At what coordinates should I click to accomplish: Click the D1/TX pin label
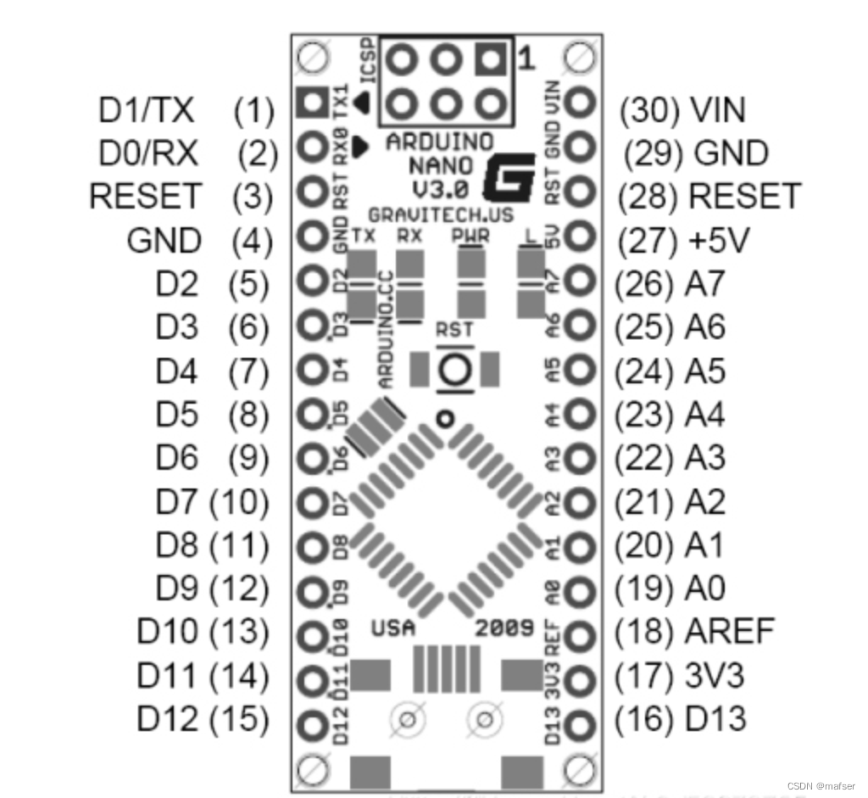tap(147, 109)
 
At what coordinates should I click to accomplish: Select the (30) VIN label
tap(682, 109)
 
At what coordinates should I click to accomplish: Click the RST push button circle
tap(454, 370)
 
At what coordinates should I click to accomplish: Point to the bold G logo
tap(509, 176)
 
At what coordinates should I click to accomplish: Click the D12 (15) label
tap(203, 719)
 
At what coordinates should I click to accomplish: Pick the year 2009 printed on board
tap(504, 628)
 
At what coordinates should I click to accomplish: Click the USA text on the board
tap(393, 628)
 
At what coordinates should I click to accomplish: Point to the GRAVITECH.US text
tap(440, 215)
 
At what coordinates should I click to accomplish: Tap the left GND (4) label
tap(164, 240)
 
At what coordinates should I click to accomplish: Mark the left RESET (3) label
tap(145, 196)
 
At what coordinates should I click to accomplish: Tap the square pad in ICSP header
tap(489, 60)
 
